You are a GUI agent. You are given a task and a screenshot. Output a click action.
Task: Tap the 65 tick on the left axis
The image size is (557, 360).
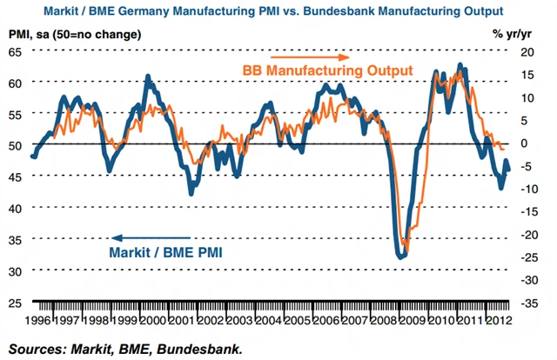click(16, 51)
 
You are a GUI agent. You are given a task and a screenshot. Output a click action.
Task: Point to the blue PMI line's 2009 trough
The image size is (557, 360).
click(400, 257)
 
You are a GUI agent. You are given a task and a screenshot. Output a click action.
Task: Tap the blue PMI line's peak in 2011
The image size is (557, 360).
click(460, 65)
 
